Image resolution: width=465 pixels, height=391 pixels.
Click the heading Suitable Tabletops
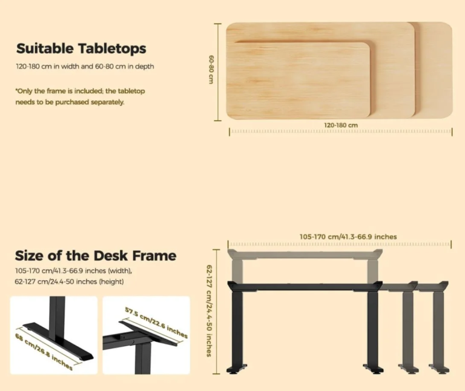point(81,48)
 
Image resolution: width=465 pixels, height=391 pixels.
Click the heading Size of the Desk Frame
point(96,256)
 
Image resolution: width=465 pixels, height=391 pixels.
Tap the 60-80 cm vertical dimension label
point(211,69)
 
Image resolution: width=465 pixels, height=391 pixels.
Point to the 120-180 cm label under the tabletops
point(341,125)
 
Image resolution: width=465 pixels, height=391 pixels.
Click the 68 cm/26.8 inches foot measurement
point(44,352)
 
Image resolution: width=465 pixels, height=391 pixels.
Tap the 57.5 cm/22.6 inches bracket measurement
point(156,322)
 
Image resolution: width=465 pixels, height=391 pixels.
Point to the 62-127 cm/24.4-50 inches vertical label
point(209,311)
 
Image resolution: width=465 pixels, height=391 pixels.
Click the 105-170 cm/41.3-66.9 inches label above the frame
point(348,236)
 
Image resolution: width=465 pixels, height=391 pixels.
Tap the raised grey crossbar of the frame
point(305,254)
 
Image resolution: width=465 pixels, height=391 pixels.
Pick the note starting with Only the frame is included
point(81,96)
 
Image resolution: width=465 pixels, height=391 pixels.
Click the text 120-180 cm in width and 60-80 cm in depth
point(85,66)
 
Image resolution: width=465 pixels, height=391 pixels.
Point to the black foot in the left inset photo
point(59,341)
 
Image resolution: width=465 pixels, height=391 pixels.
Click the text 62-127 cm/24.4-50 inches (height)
point(69,281)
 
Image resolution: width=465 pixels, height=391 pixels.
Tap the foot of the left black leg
point(237,369)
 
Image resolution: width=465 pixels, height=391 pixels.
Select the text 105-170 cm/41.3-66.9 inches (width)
point(73,271)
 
